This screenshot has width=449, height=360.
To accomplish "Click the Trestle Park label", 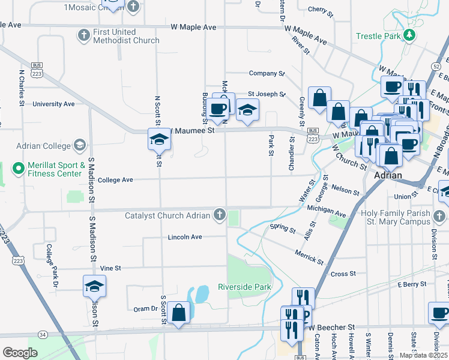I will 378,36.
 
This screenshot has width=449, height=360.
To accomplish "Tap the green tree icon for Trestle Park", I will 409,35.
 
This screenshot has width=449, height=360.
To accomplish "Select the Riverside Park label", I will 244,287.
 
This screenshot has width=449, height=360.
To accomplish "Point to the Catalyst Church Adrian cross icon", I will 220,215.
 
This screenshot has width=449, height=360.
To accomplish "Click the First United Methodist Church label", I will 126,36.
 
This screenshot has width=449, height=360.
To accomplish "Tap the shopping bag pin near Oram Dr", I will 179,312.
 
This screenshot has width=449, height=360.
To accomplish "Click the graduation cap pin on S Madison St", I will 94,286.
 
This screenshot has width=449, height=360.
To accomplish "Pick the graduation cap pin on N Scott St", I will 159,139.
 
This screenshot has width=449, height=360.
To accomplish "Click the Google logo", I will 20,352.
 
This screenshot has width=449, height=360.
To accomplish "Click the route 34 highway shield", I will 41,334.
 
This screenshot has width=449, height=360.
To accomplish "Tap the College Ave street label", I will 115,179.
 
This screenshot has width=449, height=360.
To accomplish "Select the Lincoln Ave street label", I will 185,237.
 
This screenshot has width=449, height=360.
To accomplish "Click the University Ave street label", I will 53,104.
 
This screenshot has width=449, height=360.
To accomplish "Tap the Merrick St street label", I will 309,258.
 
